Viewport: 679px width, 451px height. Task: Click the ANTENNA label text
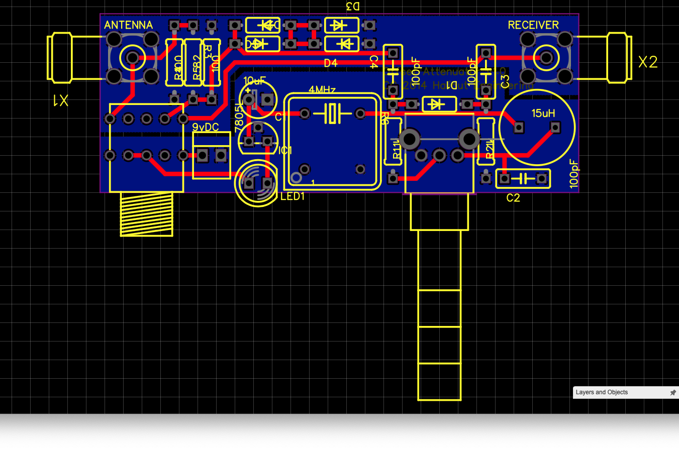[x=128, y=25]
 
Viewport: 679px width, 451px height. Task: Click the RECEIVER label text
[x=533, y=25]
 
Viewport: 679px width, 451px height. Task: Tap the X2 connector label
[x=648, y=62]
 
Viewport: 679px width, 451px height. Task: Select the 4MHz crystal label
[x=322, y=90]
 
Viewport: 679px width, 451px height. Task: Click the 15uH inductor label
[x=543, y=114]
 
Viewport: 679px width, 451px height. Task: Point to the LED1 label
[x=293, y=196]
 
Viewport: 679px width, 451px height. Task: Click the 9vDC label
[x=206, y=127]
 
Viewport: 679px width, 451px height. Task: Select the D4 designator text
[x=330, y=63]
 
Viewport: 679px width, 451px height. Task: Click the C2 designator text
[x=513, y=198]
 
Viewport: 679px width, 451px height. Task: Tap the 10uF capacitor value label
[x=254, y=81]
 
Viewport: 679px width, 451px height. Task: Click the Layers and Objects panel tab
[x=602, y=392]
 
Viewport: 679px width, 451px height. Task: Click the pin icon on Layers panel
[x=673, y=392]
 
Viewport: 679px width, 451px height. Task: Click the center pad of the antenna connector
[x=133, y=58]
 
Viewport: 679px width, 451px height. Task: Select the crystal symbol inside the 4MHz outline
[x=332, y=114]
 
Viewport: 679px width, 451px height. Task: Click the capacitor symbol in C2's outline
[x=523, y=178]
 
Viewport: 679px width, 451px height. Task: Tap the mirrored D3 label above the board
[x=353, y=6]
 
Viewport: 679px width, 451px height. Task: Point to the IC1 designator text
[x=285, y=150]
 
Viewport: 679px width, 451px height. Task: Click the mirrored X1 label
[x=60, y=101]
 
